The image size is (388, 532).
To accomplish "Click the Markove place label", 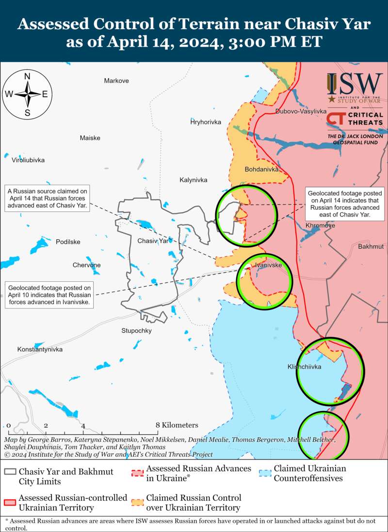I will point(116,81).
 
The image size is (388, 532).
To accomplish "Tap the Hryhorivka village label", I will point(206,122).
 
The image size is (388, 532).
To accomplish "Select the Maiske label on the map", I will point(90,138).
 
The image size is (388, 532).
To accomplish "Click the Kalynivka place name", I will point(193,180).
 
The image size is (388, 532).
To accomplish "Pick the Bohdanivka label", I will point(261,170).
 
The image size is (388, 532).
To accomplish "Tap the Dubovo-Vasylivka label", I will point(301,111).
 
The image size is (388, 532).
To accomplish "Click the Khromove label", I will point(320,225).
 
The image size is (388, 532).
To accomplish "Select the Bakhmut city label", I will point(371,247).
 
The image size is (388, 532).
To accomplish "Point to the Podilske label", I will point(68,242).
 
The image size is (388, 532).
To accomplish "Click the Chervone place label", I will point(87,265).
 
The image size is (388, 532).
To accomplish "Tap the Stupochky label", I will point(136,331).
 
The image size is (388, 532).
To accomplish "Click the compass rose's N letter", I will point(28,76).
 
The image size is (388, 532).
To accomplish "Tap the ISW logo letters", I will point(355,84).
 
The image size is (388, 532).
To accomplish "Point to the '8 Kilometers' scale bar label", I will point(177,425).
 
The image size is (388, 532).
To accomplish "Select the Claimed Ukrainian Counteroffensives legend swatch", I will point(264,473).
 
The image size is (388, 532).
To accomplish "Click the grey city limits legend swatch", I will point(10,473).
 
